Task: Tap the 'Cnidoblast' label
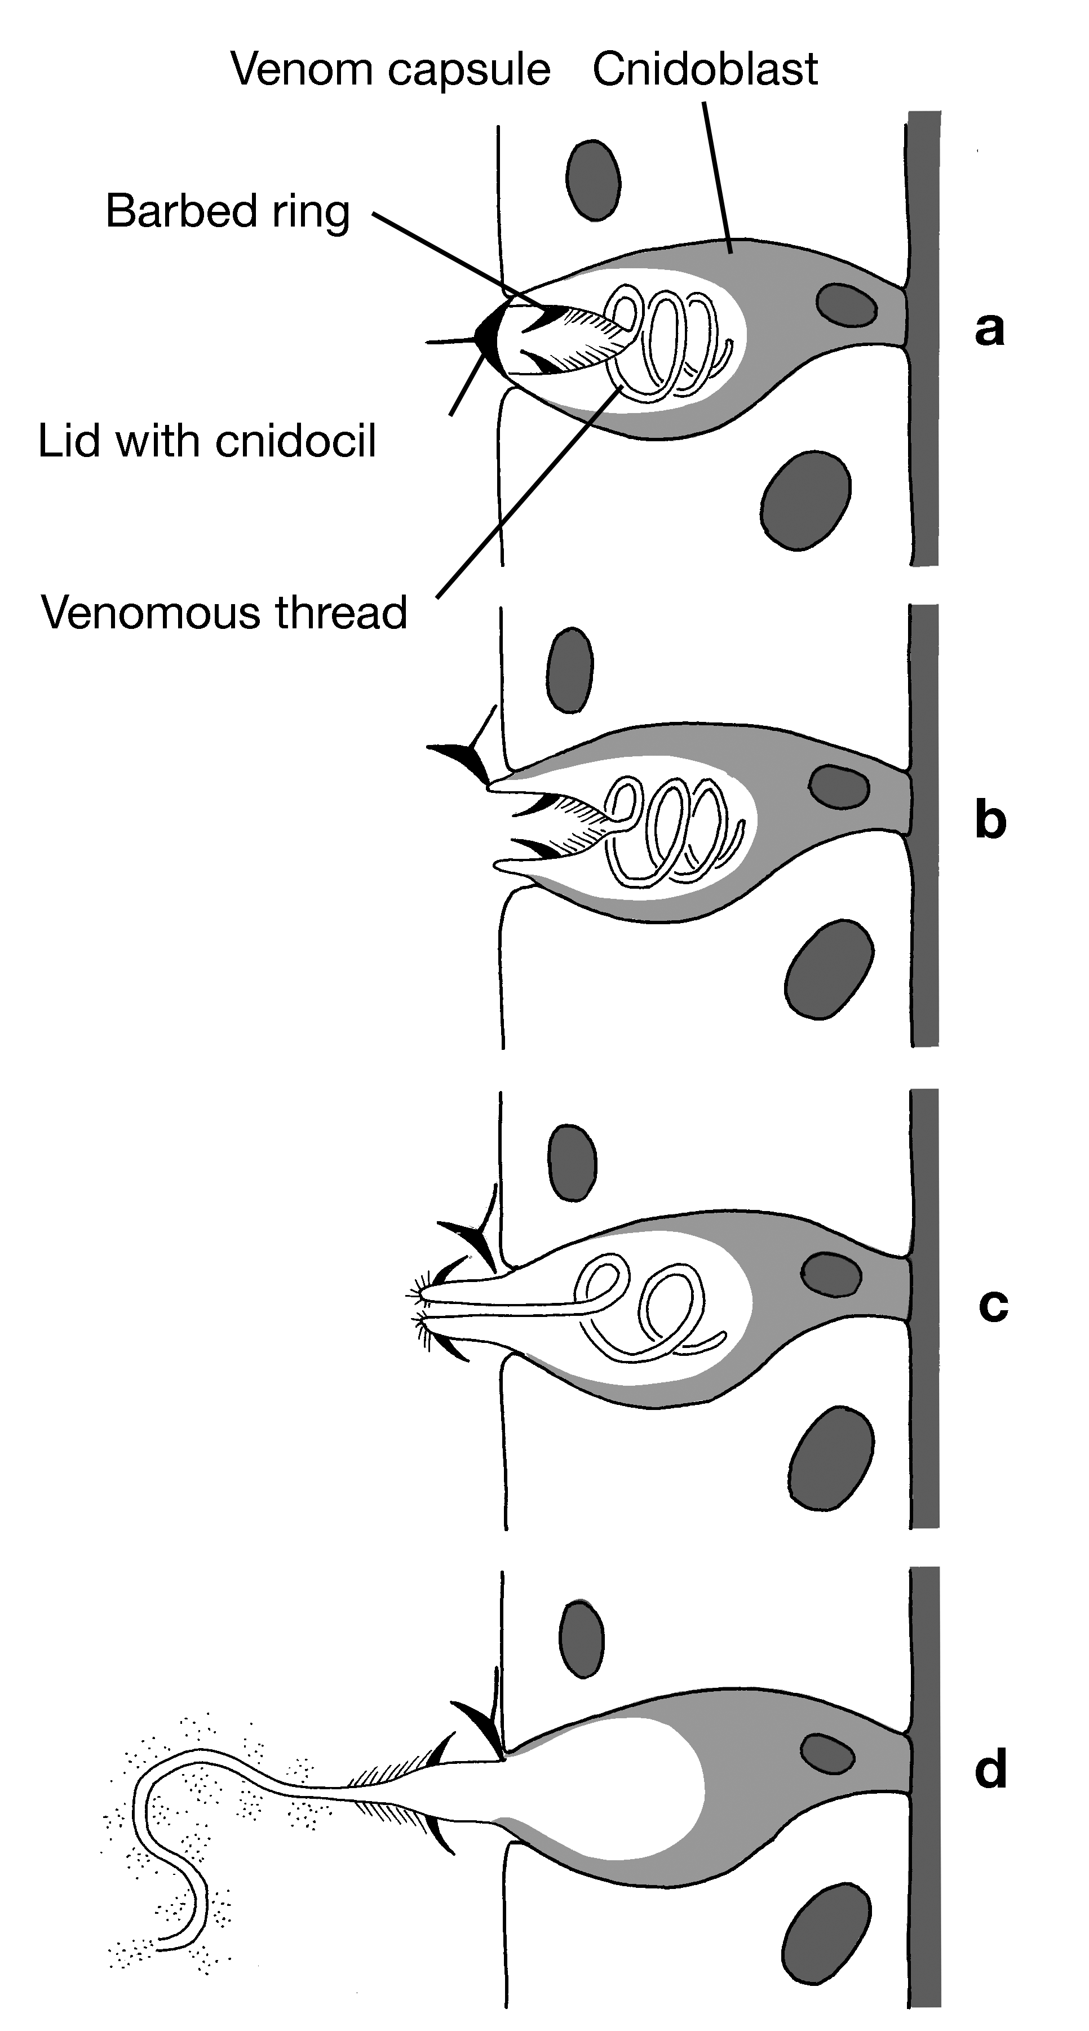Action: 705,69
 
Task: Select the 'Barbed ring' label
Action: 228,211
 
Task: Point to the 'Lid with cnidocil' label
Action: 207,441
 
